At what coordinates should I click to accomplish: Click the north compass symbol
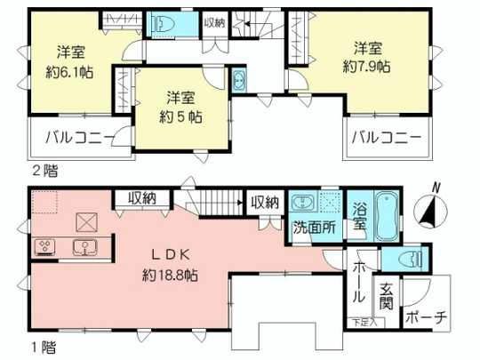coord(431,210)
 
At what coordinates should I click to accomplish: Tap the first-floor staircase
coord(219,204)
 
